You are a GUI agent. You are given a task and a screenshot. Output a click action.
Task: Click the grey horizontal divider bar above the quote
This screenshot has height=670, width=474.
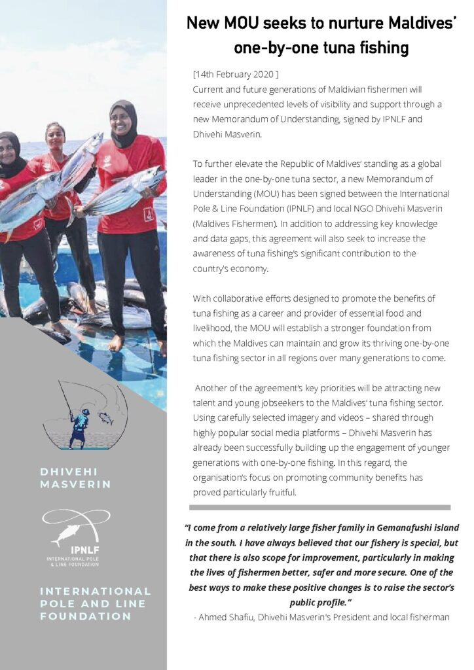319,507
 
